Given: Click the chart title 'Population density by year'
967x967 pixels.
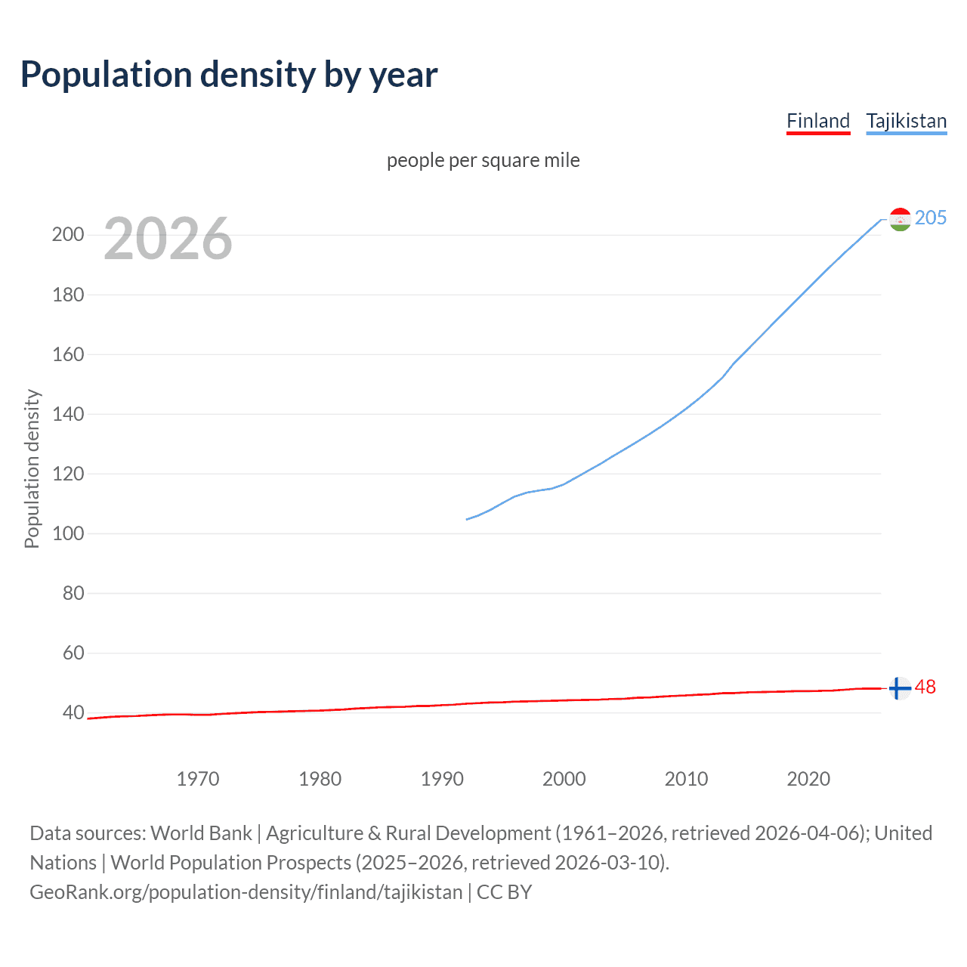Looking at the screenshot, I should coord(229,75).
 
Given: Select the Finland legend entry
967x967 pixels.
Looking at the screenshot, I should coord(818,121).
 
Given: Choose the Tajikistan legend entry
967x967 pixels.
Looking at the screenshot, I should coord(906,121).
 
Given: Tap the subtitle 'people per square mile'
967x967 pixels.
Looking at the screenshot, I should coord(483,160).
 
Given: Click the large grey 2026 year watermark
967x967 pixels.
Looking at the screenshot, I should coord(168,239).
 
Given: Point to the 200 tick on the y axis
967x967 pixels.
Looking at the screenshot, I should coord(68,234).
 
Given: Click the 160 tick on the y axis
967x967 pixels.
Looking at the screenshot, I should coord(68,354).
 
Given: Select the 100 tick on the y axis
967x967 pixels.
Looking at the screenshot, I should coord(68,533).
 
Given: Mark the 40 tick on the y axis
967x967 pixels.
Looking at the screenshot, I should coord(73,712).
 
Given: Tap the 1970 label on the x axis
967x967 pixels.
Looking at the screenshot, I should coord(198,779).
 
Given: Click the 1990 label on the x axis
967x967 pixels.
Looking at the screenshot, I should coord(442,779).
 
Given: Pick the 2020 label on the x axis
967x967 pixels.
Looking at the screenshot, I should coord(808,779).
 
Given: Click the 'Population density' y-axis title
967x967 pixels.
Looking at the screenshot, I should coord(32,468).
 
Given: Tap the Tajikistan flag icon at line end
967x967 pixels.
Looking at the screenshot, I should coord(900,219).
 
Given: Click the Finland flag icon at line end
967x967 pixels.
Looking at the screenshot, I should coord(899,688).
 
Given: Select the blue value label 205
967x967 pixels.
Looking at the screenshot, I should coord(930,218).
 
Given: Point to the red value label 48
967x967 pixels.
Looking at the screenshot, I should coord(925,687).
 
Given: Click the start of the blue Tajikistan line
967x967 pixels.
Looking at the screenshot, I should coord(468,519).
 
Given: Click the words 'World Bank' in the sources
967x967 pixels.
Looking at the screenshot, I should coord(201,833).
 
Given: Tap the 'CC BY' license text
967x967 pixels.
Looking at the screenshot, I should coord(504,892).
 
